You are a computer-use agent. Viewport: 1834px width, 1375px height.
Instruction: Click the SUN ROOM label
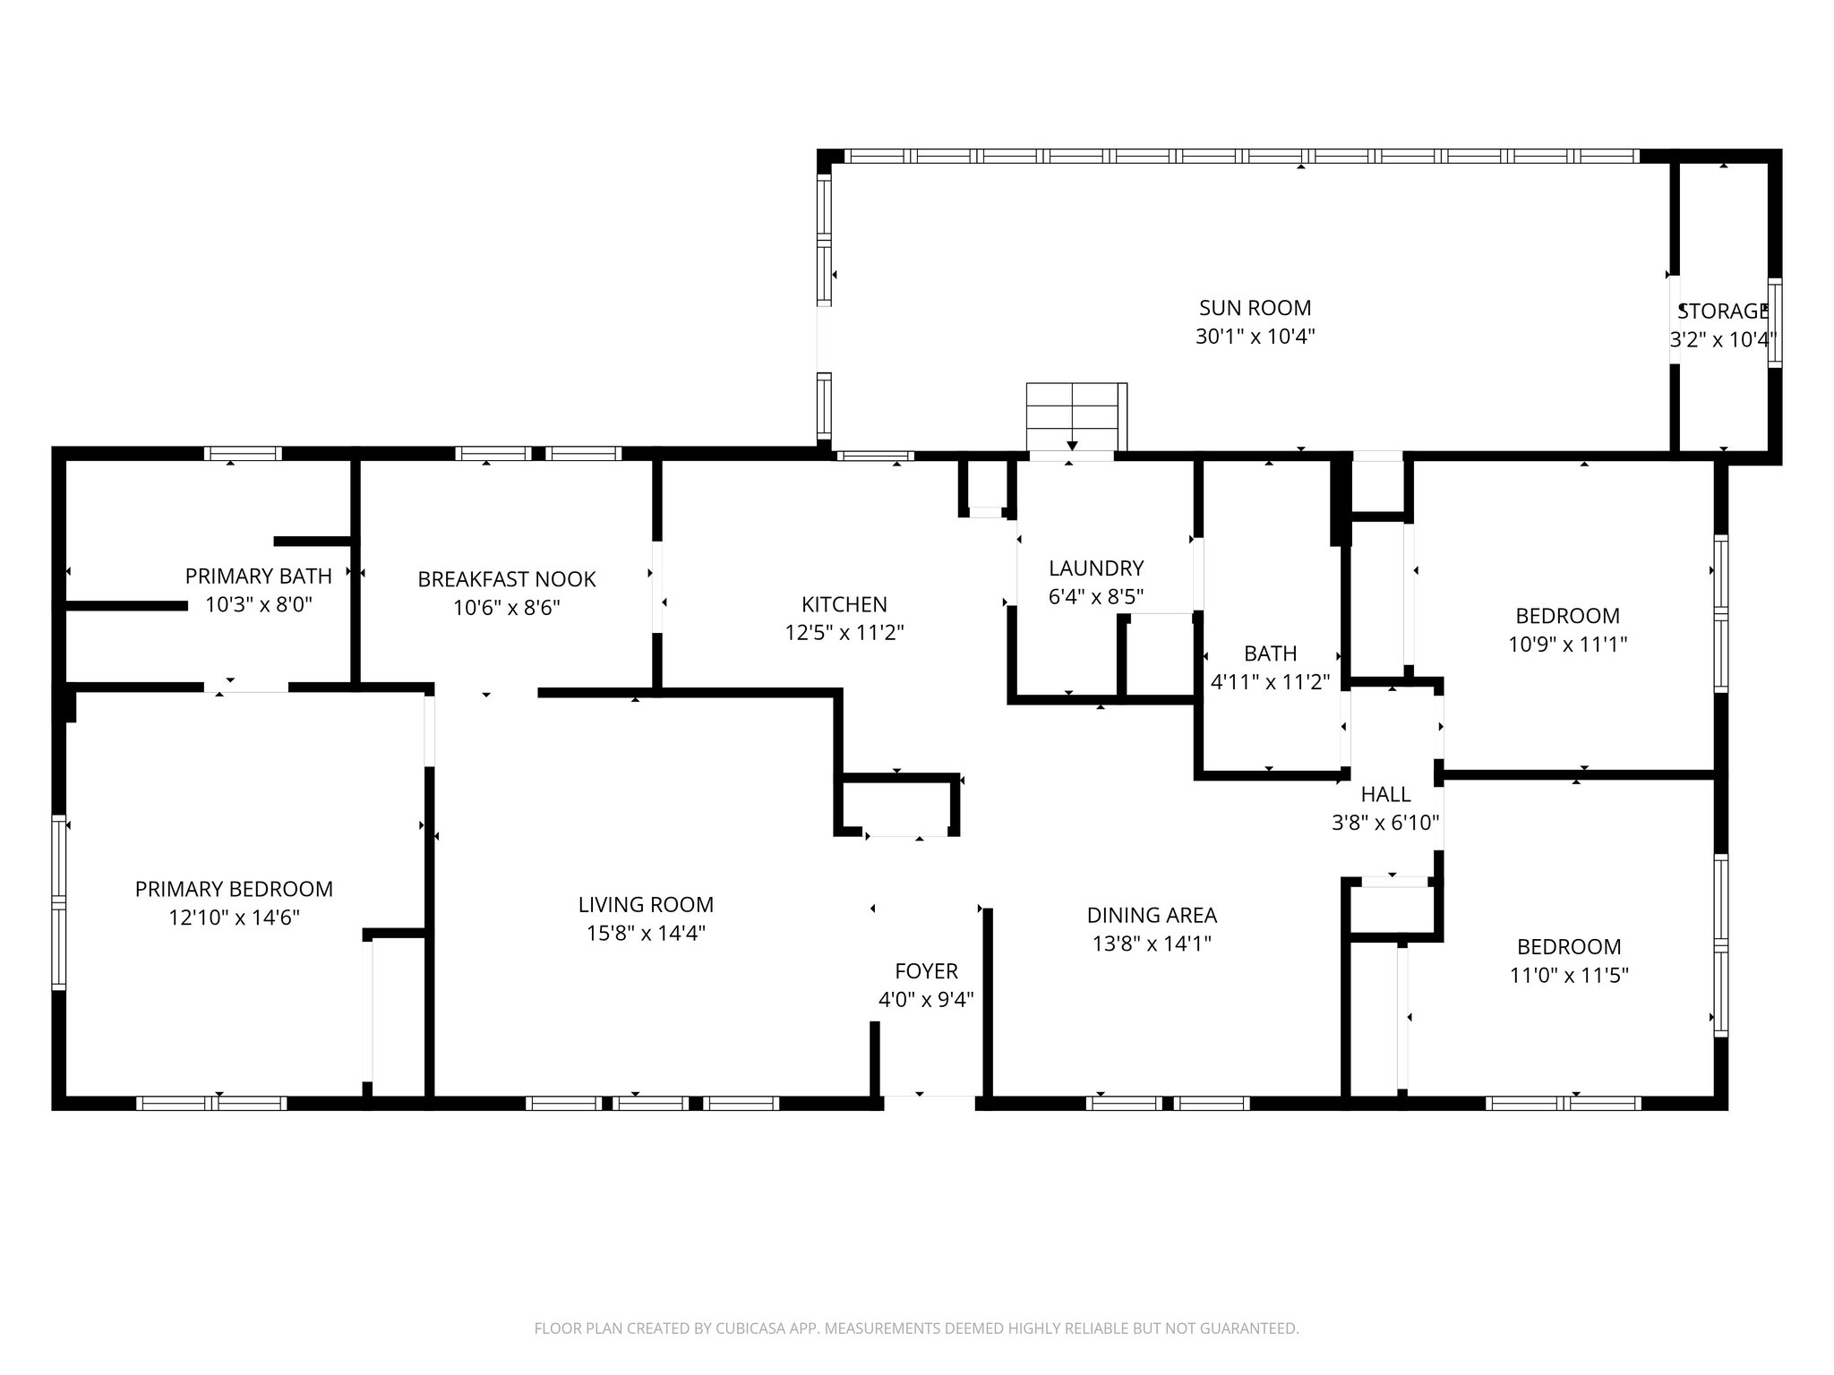[1255, 308]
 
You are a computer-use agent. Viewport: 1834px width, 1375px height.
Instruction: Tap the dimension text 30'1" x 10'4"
[1255, 337]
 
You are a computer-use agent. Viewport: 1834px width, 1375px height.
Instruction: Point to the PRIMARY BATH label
[258, 576]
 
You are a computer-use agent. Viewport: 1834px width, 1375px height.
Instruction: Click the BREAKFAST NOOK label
[506, 579]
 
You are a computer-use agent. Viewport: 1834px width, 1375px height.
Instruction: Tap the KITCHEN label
[844, 604]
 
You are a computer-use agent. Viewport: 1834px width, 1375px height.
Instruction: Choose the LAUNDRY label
[1096, 568]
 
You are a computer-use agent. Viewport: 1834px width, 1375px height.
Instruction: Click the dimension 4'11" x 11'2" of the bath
[1270, 682]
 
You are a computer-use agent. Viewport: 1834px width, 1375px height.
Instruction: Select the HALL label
[1385, 794]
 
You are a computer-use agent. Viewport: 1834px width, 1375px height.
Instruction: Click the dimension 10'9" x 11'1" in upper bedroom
[1567, 644]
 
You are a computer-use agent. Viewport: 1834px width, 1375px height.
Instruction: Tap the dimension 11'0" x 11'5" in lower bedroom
[1569, 975]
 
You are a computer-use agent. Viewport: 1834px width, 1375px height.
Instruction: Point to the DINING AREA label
[1152, 915]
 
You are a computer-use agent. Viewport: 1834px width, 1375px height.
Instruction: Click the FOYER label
[926, 971]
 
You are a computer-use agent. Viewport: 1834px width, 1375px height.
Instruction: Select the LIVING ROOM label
[646, 905]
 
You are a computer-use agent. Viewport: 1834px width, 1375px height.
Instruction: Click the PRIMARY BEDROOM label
[234, 889]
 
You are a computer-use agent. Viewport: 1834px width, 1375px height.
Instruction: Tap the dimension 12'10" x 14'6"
[234, 918]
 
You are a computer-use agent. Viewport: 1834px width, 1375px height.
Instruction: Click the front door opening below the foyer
[930, 1102]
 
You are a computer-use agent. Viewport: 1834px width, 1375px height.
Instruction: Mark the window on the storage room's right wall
[1774, 322]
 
